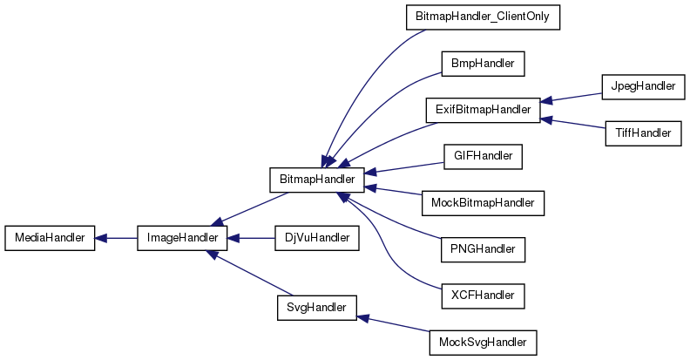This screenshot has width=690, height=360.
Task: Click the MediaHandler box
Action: (50, 238)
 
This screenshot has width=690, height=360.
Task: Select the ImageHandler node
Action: (182, 238)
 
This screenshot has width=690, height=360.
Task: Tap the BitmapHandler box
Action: (316, 180)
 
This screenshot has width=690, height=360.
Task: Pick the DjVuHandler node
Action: (316, 238)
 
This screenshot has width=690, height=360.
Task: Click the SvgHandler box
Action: (316, 307)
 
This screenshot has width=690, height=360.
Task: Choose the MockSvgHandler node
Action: (482, 342)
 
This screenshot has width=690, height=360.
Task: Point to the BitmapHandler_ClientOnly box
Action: (482, 17)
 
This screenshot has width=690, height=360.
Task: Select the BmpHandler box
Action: (482, 64)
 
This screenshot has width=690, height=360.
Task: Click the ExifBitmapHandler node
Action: (482, 110)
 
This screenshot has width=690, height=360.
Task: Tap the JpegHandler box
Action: (639, 87)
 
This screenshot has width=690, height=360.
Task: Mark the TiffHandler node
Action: (639, 133)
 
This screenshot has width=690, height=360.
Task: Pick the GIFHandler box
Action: (482, 157)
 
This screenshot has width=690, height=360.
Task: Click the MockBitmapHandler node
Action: (482, 203)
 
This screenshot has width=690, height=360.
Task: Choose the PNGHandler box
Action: (482, 250)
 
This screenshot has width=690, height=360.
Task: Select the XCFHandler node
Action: (482, 296)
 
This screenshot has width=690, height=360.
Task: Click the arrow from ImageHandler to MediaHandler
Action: (116, 238)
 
